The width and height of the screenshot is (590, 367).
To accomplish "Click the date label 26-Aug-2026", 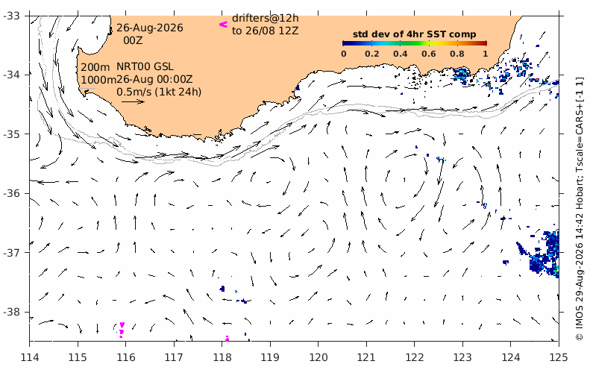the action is pos(150,28).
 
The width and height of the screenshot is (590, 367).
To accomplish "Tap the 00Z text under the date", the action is pos(133,40).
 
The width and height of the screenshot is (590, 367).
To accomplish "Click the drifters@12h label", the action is pos(266,18).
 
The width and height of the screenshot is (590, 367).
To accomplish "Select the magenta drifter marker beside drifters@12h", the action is pos(224,25).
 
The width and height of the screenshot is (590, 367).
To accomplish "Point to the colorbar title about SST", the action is pos(414,34).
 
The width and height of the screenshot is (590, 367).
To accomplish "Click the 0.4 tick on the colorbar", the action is pos(400,54).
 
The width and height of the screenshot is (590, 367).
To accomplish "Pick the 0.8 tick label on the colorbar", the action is pos(456,54).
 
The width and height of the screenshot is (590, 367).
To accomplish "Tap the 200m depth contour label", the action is pos(95,67).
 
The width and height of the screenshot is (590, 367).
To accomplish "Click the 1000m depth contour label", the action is pos(98,80).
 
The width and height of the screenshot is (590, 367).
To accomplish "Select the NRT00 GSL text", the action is pos(145,66).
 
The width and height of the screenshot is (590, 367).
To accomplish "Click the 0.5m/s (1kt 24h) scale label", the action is pos(159,92).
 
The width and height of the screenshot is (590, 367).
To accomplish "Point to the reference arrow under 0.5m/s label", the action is pos(134,101).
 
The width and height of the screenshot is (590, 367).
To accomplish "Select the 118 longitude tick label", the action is pos(222,357).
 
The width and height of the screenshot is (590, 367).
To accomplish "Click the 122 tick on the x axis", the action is pos(414,357).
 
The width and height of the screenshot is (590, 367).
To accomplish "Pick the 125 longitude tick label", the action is pos(559,357).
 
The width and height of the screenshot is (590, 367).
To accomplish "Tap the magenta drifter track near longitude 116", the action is pos(122,330).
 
